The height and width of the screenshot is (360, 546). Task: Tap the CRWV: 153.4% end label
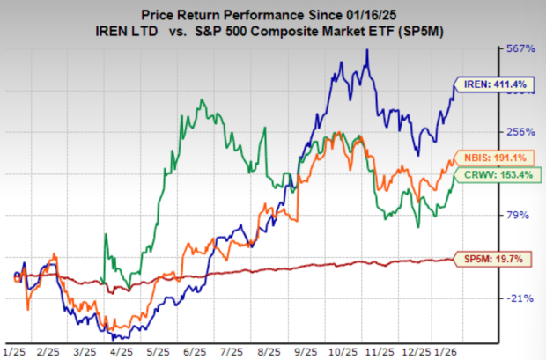coord(489,176)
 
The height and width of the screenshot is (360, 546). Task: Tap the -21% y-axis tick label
coord(520,298)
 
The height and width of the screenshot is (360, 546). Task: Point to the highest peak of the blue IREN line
coord(367,50)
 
